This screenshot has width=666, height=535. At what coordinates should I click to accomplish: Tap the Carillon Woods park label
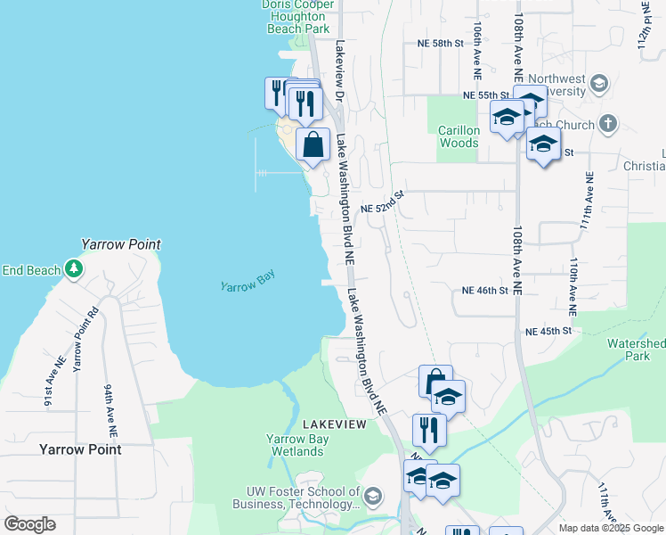coord(459,136)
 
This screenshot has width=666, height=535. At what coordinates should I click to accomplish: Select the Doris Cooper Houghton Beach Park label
coord(296,16)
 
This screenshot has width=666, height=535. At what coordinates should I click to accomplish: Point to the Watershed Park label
coord(636,350)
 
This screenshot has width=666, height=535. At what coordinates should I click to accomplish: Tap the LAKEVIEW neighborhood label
coord(334,424)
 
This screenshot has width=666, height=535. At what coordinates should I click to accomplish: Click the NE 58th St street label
coord(441,43)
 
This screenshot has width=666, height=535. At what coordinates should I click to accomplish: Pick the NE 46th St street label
coord(484,291)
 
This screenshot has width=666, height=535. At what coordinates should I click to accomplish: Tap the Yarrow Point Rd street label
coord(85,341)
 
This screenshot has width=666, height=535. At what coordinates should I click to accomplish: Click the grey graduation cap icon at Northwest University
coord(599,85)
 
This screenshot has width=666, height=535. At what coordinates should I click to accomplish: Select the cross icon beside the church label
coord(608,123)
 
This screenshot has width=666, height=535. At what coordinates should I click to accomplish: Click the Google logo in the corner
coord(29,524)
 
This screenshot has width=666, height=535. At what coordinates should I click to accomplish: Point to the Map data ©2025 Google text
coord(610,528)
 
